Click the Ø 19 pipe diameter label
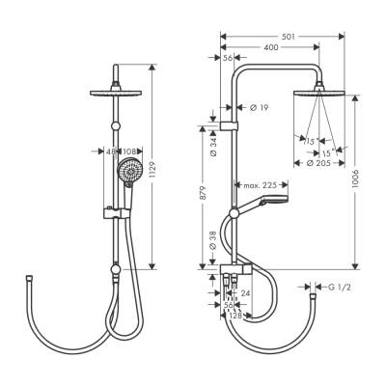pos(259,108)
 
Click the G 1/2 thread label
pos(337,287)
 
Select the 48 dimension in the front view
pos(110,151)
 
